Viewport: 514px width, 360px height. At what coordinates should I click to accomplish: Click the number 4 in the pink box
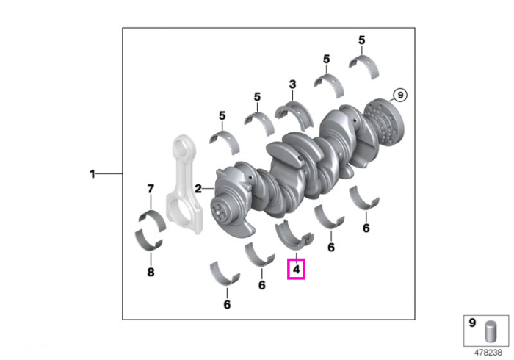(x=297, y=269)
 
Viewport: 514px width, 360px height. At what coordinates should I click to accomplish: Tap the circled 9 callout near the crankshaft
(x=400, y=95)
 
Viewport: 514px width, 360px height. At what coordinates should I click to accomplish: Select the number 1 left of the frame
(x=93, y=174)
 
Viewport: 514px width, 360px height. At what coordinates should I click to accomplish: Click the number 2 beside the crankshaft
(x=198, y=189)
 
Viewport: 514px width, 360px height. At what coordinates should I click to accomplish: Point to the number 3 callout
(x=292, y=84)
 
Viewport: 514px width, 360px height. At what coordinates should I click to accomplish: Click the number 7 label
(x=151, y=189)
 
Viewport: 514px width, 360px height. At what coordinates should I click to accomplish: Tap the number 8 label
(x=151, y=272)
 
